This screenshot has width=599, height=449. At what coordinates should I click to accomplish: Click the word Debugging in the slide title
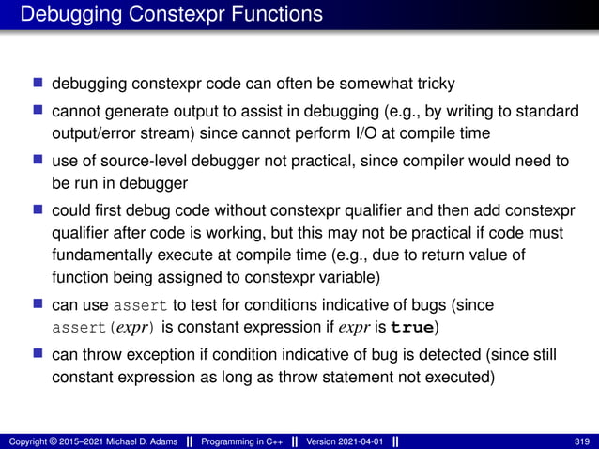tap(67, 14)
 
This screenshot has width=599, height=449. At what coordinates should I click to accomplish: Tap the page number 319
tap(579, 441)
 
